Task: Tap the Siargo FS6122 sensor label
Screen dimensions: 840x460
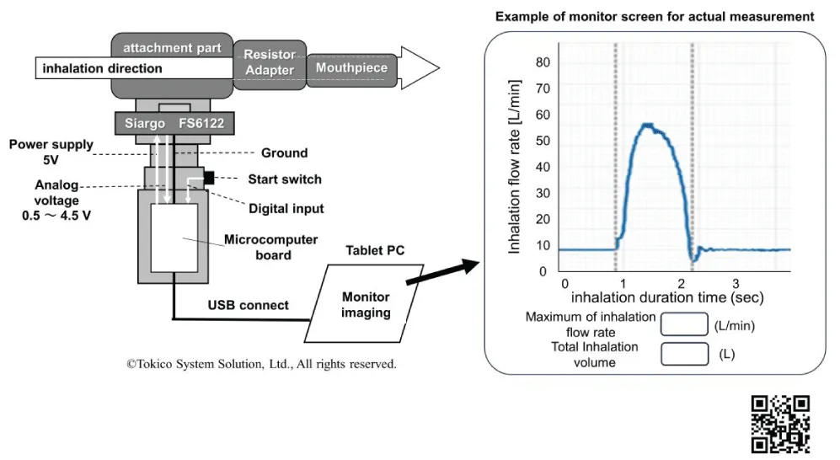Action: pyautogui.click(x=174, y=123)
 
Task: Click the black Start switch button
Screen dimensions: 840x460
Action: pyautogui.click(x=209, y=178)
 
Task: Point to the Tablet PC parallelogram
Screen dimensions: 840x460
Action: pyautogui.click(x=364, y=303)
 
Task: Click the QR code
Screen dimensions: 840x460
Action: pyautogui.click(x=780, y=424)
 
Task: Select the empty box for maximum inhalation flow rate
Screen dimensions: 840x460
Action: pyautogui.click(x=684, y=324)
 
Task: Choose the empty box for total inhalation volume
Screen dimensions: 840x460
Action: pyautogui.click(x=684, y=354)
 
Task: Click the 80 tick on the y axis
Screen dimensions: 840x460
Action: pyautogui.click(x=543, y=62)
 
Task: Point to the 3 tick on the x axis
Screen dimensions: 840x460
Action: pyautogui.click(x=736, y=283)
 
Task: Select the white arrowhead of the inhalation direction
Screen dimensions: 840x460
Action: pyautogui.click(x=420, y=68)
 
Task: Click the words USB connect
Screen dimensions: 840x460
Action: pyautogui.click(x=248, y=305)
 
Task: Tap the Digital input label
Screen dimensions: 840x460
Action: pyautogui.click(x=286, y=208)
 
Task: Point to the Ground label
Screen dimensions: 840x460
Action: pyautogui.click(x=285, y=153)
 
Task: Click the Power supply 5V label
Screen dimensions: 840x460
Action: pyautogui.click(x=51, y=152)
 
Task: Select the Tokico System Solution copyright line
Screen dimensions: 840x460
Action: pyautogui.click(x=261, y=364)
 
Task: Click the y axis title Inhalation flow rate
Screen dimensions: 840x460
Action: pyautogui.click(x=514, y=167)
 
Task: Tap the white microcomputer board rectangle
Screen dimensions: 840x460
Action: pyautogui.click(x=174, y=238)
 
